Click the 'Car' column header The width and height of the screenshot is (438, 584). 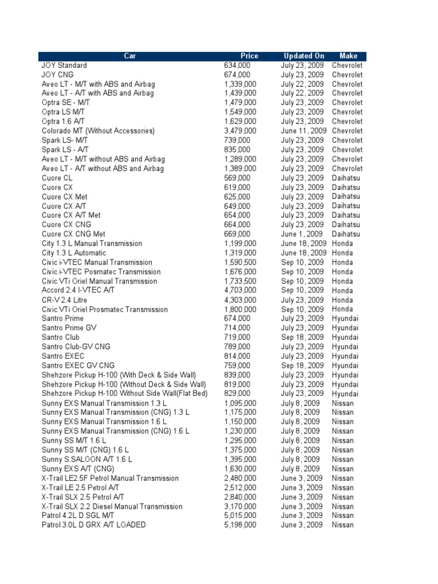point(129,56)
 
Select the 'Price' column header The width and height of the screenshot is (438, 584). point(249,56)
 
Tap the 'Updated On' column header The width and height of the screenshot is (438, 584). point(304,56)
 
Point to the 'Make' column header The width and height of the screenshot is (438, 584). point(348,56)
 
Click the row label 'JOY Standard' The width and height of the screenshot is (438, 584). point(63,65)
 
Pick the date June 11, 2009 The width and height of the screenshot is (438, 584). point(304,131)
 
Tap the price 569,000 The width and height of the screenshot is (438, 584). point(237,178)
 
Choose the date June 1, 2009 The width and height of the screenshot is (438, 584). point(302,234)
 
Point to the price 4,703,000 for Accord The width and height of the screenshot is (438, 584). point(240,290)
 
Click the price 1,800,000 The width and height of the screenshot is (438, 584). point(240,309)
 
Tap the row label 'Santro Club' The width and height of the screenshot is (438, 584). point(60,337)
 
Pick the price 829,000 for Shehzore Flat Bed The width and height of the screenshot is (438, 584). point(237,394)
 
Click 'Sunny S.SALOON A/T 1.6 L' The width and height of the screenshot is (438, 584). point(87,459)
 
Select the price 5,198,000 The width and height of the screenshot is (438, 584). point(240,525)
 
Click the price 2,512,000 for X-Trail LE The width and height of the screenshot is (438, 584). point(240,488)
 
